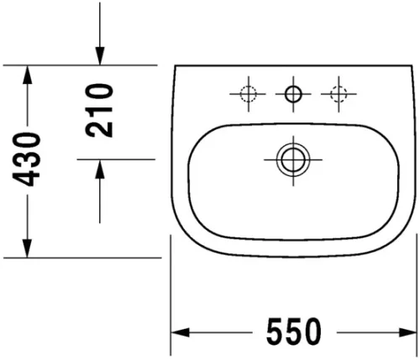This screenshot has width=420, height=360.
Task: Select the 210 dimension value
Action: click(100, 111)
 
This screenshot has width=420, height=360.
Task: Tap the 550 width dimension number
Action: click(294, 332)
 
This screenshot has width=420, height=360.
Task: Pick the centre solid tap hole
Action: click(293, 94)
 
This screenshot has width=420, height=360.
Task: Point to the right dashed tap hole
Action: click(340, 94)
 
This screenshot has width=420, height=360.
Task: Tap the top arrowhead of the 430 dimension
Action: click(29, 75)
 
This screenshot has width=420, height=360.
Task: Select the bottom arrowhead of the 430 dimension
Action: click(29, 248)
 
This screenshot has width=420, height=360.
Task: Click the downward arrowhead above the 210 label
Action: click(100, 55)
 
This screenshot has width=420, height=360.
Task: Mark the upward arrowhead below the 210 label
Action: click(100, 169)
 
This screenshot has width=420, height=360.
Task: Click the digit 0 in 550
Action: click(311, 332)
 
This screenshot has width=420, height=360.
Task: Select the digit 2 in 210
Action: click(100, 128)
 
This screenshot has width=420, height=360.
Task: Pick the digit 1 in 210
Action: click(100, 111)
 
